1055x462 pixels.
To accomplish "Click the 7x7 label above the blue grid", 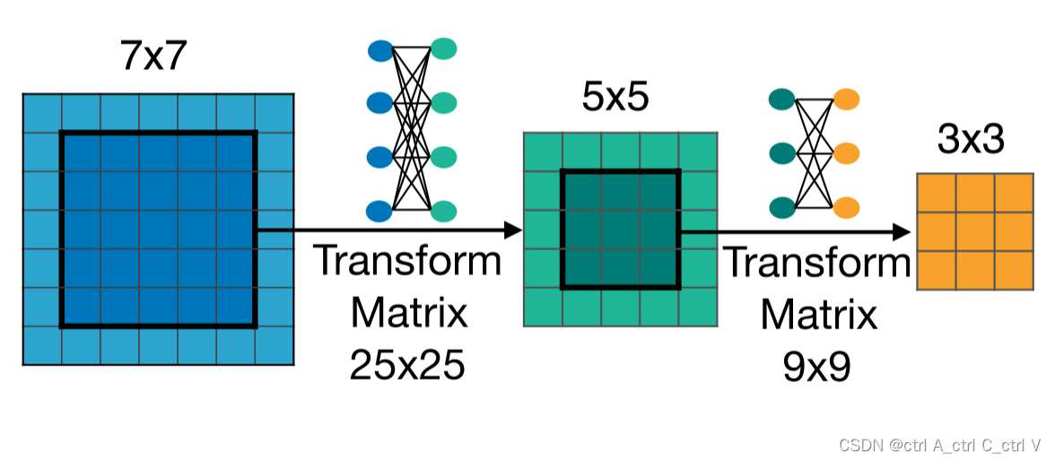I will tap(153, 57).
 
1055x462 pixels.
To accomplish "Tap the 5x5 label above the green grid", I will tap(615, 98).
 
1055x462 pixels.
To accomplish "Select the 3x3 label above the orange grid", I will tap(971, 139).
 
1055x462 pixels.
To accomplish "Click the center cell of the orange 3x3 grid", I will tap(976, 232).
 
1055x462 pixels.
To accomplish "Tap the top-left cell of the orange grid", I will tap(937, 194).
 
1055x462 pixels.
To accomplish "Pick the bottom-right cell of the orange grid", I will tap(1015, 271).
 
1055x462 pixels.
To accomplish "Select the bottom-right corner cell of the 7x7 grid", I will tap(275, 345).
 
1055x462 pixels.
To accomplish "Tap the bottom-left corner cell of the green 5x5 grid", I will tap(543, 307).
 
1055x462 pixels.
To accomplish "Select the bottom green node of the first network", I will tap(443, 212).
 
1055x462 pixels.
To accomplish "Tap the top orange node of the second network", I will tap(846, 99).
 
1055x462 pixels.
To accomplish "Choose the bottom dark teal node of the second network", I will tap(782, 207).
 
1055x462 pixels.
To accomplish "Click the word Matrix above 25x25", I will tap(408, 313).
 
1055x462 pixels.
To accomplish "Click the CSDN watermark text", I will tap(939, 445).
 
